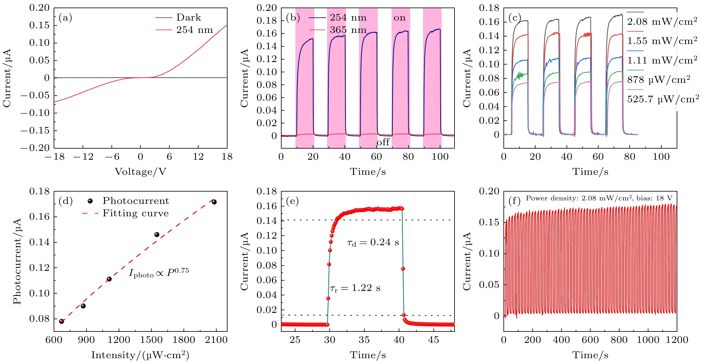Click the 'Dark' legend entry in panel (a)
pyautogui.click(x=188, y=18)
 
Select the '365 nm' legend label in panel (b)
pyautogui.click(x=348, y=30)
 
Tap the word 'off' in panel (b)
pyautogui.click(x=383, y=142)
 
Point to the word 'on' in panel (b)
pyautogui.click(x=400, y=18)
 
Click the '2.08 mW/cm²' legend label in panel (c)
pyautogui.click(x=662, y=22)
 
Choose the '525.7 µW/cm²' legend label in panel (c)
pyautogui.click(x=663, y=99)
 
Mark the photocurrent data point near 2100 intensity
pyautogui.click(x=214, y=202)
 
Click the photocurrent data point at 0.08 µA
pyautogui.click(x=62, y=321)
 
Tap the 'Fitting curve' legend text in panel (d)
pyautogui.click(x=136, y=213)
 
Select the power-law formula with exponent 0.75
pyautogui.click(x=159, y=273)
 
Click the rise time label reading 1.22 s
pyautogui.click(x=355, y=288)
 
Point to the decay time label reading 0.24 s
pyautogui.click(x=373, y=242)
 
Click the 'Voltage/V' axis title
pyautogui.click(x=140, y=172)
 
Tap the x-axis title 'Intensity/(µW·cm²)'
pyautogui.click(x=140, y=355)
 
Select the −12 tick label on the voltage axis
pyautogui.click(x=83, y=157)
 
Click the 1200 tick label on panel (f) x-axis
pyautogui.click(x=676, y=340)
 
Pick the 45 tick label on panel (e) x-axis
pyautogui.click(x=433, y=340)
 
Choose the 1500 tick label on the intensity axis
pyautogui.click(x=151, y=340)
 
